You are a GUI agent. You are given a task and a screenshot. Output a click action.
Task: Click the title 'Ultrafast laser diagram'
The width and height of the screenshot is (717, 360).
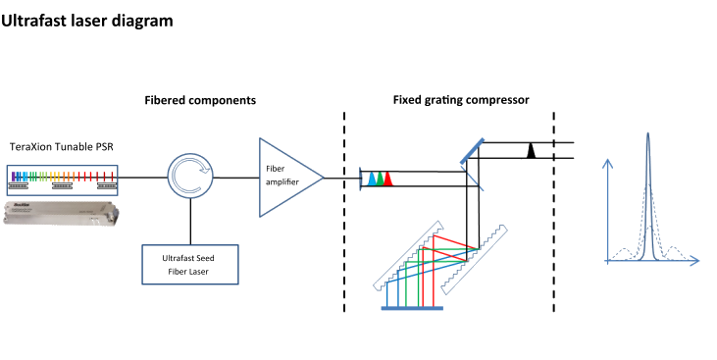point(87,18)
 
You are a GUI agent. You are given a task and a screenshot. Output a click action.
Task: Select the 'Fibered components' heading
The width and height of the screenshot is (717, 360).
point(200,100)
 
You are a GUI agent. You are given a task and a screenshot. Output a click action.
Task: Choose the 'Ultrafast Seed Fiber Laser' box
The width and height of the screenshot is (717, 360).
point(189,262)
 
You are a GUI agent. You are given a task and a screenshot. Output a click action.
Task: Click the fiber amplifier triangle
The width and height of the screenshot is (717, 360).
point(285,178)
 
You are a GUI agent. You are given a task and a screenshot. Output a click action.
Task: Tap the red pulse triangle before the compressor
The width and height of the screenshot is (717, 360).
point(388,179)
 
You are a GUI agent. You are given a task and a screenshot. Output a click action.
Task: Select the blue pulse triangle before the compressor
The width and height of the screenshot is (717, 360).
point(372,179)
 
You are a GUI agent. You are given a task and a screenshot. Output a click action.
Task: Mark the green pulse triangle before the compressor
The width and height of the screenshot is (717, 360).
point(380,179)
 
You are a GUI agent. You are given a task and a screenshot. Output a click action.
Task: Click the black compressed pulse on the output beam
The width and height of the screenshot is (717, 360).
point(531,150)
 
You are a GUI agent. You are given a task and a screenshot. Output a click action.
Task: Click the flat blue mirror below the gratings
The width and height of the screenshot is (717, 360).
point(412,307)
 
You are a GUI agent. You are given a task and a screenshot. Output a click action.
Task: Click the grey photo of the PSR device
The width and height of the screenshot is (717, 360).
point(61,210)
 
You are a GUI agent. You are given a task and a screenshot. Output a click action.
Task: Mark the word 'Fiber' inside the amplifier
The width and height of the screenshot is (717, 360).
point(275,168)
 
